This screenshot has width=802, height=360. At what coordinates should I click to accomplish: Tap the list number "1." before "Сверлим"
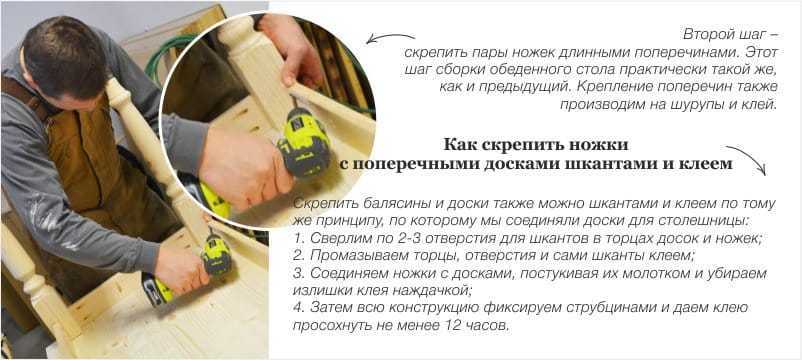(299, 238)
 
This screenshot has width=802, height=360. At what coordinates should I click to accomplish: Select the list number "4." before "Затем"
(299, 308)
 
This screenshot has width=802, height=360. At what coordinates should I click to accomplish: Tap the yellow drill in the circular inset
(302, 143)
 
